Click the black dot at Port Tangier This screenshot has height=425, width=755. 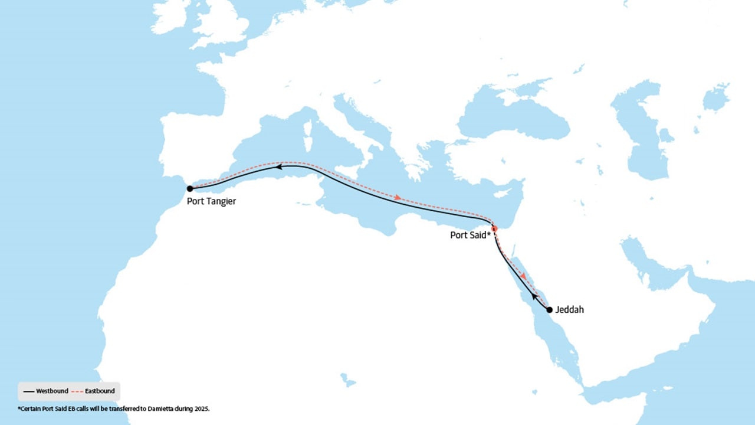[190, 188]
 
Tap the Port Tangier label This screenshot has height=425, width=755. [211, 201]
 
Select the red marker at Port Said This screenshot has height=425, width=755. [494, 228]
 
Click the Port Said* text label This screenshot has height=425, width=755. [471, 234]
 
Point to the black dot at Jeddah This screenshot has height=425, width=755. [549, 309]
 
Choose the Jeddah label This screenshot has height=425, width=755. [569, 309]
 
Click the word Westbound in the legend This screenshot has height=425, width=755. [52, 391]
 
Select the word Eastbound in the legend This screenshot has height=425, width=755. [100, 391]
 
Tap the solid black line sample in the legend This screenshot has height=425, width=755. [28, 391]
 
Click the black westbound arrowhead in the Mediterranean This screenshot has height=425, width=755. [280, 168]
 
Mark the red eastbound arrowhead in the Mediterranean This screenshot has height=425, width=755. [399, 198]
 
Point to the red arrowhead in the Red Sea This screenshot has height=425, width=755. [523, 276]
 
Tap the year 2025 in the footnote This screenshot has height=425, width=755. [201, 408]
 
